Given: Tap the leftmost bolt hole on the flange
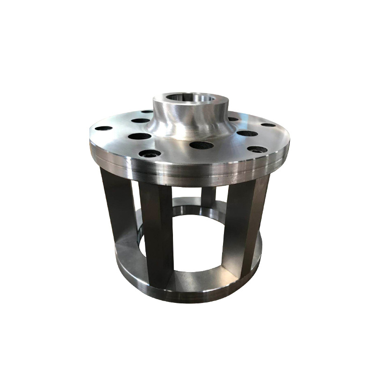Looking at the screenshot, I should point(103,128).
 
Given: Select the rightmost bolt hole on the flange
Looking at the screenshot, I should point(268,125).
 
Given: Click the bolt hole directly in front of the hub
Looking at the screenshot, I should point(201,145).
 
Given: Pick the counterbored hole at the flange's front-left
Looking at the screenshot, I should point(150,153).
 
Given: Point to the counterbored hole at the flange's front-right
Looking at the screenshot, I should point(257,150).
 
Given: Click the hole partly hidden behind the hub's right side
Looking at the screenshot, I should point(232,119).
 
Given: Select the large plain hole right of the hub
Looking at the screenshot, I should point(247,133).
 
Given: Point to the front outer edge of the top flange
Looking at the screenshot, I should point(187,175).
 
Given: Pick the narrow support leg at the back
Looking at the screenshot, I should point(209,196).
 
